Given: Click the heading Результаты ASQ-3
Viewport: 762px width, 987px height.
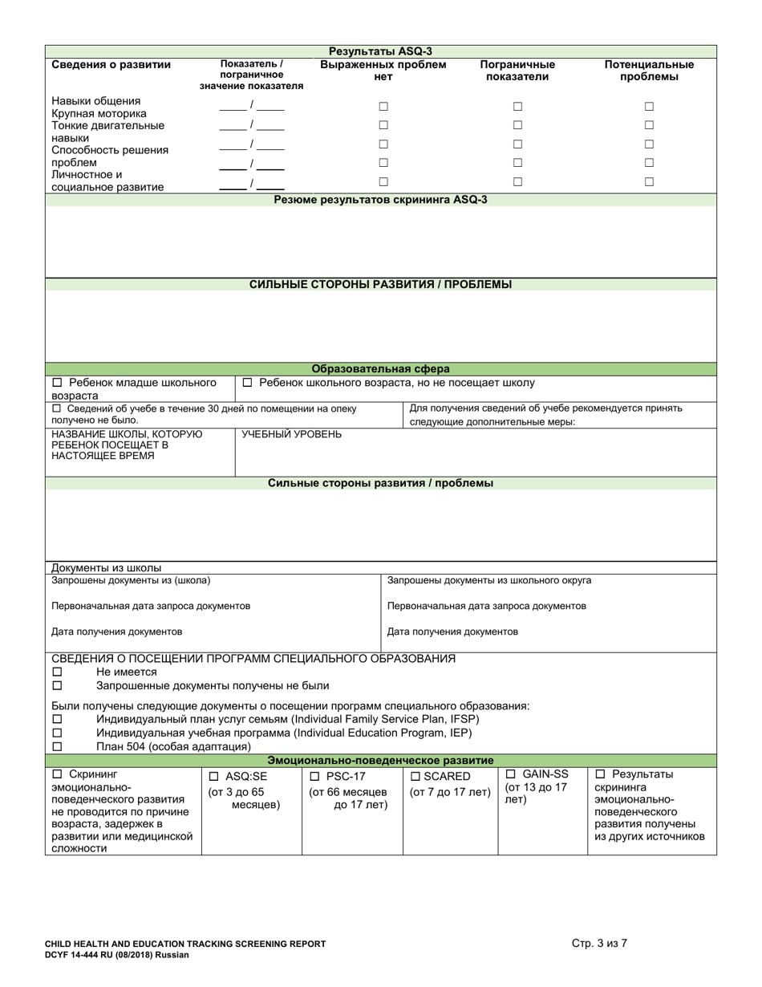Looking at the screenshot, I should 381,51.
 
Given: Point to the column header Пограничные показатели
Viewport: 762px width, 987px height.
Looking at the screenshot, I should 517,71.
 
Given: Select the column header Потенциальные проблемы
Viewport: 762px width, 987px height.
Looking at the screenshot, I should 649,71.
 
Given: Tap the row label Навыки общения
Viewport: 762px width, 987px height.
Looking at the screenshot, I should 95,101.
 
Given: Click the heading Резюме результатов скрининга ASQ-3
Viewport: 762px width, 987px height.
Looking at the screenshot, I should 381,200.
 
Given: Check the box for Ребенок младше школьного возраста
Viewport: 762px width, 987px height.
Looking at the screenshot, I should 57,384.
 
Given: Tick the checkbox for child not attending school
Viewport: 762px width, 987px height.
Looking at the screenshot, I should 248,384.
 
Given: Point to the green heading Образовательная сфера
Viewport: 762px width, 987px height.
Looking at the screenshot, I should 381,369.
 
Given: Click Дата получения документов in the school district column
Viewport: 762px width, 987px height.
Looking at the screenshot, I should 452,632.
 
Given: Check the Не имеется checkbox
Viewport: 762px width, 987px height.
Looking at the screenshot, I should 57,672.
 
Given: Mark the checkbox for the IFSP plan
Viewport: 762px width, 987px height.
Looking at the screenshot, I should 57,719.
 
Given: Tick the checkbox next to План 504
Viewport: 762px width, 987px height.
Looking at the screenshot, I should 57,746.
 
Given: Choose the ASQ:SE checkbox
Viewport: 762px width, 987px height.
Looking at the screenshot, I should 213,777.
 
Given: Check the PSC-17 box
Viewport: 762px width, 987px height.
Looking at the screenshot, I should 314,777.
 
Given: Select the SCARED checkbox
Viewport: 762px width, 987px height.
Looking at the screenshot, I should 415,777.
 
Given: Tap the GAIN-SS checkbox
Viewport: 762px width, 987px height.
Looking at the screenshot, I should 511,774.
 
